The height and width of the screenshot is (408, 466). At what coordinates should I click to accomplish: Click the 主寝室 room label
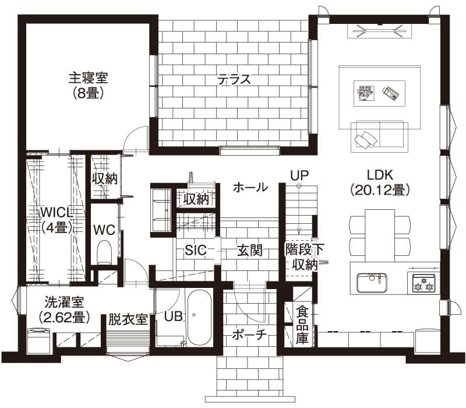pos(89,78)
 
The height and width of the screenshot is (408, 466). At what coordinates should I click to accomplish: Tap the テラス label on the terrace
pos(234,79)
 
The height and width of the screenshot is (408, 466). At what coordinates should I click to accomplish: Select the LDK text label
pos(381,174)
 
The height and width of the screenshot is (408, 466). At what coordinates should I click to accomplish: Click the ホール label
pos(250,187)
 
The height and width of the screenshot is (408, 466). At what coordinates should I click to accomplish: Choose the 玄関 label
pos(249,251)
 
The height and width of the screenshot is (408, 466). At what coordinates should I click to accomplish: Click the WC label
pos(103,229)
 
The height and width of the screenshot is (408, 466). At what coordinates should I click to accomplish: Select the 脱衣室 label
pos(127,319)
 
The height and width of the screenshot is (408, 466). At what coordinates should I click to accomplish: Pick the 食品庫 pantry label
pos(302,325)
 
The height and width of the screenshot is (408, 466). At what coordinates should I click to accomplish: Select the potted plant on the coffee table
pos(365,93)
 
